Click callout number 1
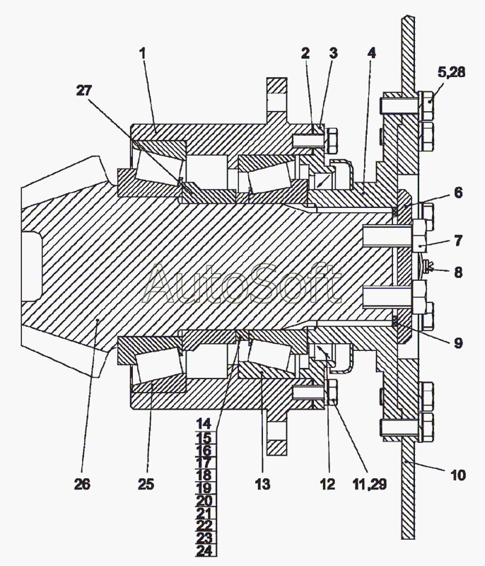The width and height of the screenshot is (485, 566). coord(143,54)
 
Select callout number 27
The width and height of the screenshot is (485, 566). coord(84,91)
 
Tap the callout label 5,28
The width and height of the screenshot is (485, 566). coord(452,72)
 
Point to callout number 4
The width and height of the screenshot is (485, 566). coord(371,53)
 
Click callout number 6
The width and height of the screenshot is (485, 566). coord(458,192)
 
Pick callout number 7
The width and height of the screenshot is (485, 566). coord(458,241)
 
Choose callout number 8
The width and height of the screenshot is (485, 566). coord(458,272)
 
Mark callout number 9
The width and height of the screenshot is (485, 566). coord(458,342)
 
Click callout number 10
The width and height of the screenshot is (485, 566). coord(458,475)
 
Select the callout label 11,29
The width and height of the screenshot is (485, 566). coord(369,484)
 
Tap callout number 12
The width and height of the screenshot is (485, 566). coord(327,484)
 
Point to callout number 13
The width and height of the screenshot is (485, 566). coord(262,484)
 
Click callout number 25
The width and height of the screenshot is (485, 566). coord(146,484)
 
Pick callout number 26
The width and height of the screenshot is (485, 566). coord(82,484)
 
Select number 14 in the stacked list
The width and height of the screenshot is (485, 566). coord(204,423)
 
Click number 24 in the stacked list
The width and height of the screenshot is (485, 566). coord(204,550)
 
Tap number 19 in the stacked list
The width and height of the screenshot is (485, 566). coord(204,488)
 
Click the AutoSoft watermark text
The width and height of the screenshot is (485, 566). coord(242,284)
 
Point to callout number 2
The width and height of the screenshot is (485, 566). coord(305,54)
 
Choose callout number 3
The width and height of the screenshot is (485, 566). coord(333,54)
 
